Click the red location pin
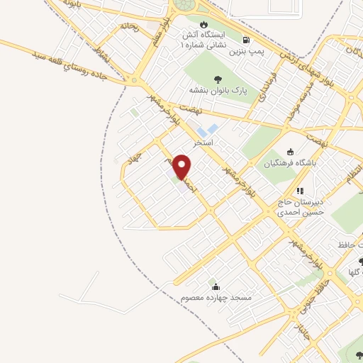[x=183, y=167]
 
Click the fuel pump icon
[x=246, y=40]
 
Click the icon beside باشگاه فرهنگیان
[x=290, y=151]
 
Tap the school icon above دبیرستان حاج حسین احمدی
[x=300, y=190]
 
